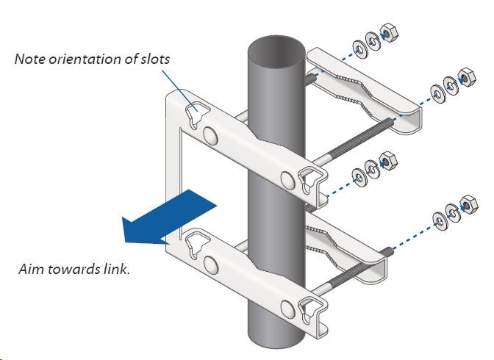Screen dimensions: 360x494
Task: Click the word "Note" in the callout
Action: (x=29, y=59)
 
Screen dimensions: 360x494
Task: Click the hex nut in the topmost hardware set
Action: (x=387, y=35)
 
